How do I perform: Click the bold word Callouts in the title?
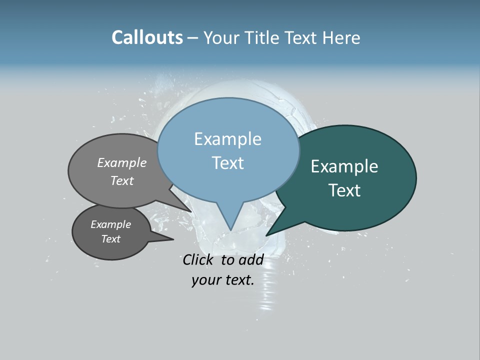click(147, 37)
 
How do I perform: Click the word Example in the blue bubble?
click(227, 139)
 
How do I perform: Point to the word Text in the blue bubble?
click(227, 163)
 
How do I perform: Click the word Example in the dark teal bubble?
click(344, 166)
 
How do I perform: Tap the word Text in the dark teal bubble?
click(344, 190)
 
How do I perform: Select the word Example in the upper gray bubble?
click(121, 162)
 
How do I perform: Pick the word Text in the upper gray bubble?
click(121, 180)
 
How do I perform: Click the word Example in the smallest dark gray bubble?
click(110, 224)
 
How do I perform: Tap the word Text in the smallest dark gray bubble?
click(110, 239)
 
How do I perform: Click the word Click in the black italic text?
click(198, 259)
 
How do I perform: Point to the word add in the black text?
click(251, 259)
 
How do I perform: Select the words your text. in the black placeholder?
click(222, 280)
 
